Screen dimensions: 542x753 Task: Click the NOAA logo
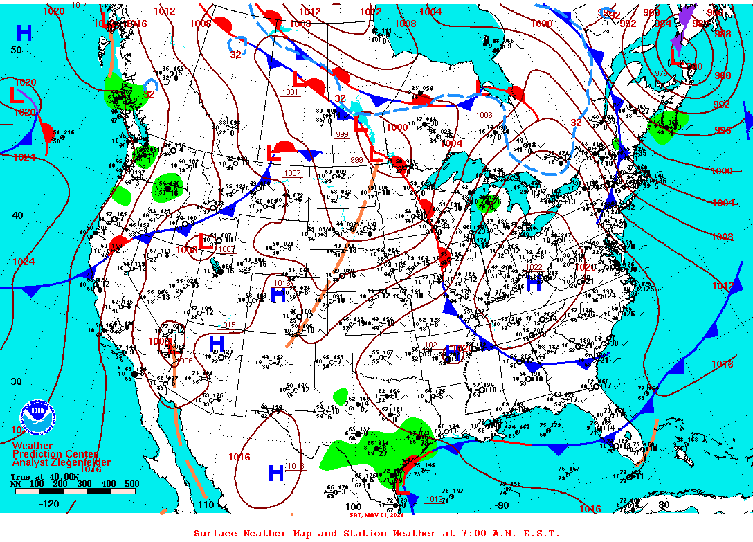pyautogui.click(x=37, y=417)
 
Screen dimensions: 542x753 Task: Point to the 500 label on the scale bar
pyautogui.click(x=131, y=484)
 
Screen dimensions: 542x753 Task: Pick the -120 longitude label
pyautogui.click(x=50, y=504)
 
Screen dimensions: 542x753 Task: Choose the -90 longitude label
pyautogui.click(x=502, y=505)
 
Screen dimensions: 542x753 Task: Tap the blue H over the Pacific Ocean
pyautogui.click(x=24, y=33)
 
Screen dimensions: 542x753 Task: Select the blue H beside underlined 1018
pyautogui.click(x=276, y=473)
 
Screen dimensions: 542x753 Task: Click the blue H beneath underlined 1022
pyautogui.click(x=534, y=282)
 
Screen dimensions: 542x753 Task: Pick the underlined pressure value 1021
pyautogui.click(x=433, y=345)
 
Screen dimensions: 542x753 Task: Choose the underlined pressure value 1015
pyautogui.click(x=228, y=325)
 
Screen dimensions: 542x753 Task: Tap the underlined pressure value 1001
pyautogui.click(x=290, y=92)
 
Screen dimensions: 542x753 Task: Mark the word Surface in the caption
pyautogui.click(x=215, y=533)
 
